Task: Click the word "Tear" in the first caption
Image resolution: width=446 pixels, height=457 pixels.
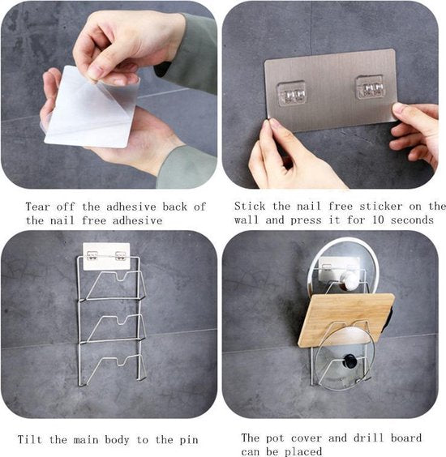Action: (x=37, y=207)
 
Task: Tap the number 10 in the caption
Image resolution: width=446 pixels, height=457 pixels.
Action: (x=379, y=220)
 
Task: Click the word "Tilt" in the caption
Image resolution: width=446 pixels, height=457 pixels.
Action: (x=30, y=439)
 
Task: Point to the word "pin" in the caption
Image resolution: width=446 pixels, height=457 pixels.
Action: (x=189, y=440)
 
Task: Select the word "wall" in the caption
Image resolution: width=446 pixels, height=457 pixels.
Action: (x=247, y=220)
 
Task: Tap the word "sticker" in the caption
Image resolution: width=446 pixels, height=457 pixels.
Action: (x=381, y=207)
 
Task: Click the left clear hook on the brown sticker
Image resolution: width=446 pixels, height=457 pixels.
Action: (x=291, y=93)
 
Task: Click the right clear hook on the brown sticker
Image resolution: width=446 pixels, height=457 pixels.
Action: (x=370, y=88)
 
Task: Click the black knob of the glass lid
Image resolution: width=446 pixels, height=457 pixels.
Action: (x=350, y=361)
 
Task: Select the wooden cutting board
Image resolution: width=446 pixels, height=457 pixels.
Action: (x=346, y=320)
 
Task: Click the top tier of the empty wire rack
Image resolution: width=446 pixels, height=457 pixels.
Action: (x=116, y=285)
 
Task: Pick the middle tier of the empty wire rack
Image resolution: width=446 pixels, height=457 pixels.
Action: (x=116, y=327)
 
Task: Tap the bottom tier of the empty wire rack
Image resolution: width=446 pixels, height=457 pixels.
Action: (x=116, y=369)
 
